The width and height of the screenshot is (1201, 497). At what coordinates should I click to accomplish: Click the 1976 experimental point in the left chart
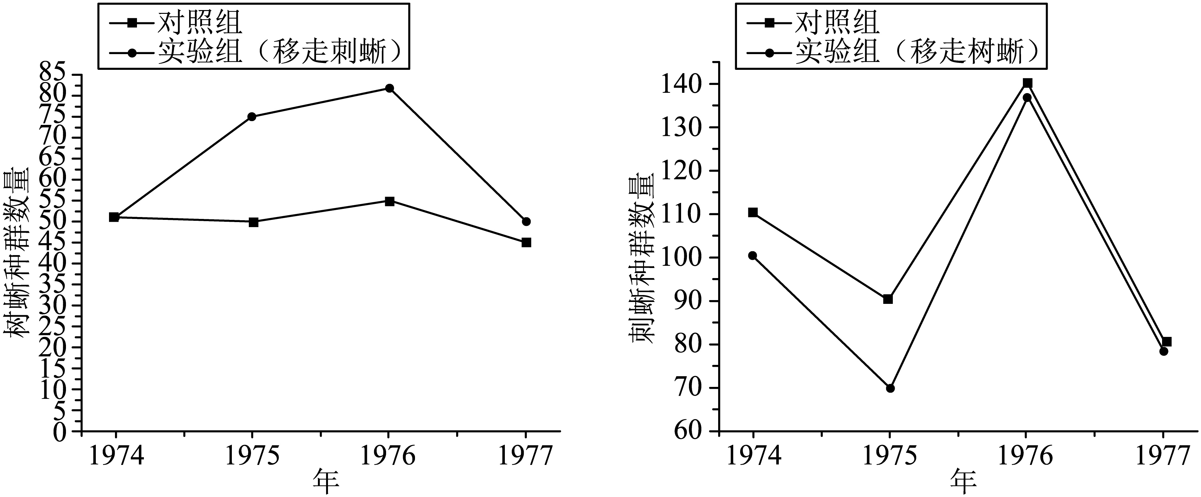[389, 88]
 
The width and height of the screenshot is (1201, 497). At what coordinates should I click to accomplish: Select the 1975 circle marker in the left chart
[252, 117]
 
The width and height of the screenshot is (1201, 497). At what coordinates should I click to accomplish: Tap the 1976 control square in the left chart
[389, 201]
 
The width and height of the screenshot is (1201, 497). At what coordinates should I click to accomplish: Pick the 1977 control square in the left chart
[527, 242]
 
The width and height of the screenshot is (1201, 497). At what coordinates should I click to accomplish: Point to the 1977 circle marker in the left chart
[527, 221]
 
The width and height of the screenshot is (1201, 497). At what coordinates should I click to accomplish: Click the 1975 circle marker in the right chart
[890, 388]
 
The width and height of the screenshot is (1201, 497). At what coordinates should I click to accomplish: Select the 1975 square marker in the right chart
[888, 299]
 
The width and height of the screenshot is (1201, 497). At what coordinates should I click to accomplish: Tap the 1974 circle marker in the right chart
[752, 255]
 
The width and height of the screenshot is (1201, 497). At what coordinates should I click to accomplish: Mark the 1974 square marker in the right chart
[752, 212]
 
